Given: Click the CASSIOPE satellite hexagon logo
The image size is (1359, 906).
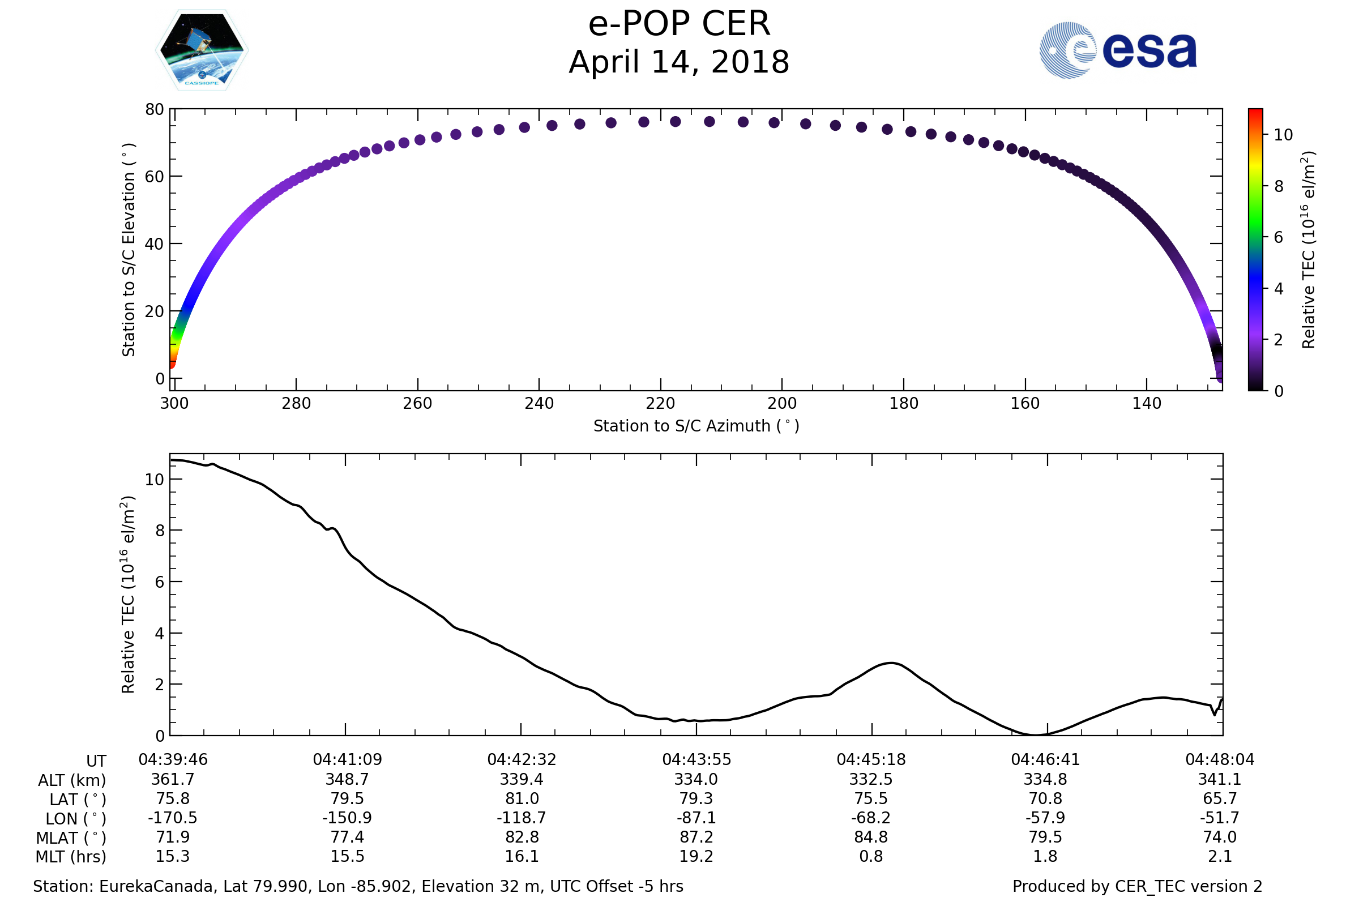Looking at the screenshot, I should pos(202,50).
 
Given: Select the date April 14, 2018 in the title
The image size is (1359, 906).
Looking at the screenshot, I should pos(679,62).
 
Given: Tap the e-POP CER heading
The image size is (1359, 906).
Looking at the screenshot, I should pos(679,24).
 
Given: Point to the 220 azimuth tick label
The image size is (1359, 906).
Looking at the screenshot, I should pos(660,403).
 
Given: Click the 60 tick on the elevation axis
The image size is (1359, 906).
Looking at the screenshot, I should pos(154,177).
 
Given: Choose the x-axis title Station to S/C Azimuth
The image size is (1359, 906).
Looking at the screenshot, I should pos(696,426).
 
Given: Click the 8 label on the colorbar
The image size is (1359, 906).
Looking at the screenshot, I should pos(1279,187).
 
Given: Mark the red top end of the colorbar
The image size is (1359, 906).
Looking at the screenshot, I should pos(1255,113).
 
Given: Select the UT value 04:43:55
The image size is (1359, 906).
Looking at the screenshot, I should pos(696,760).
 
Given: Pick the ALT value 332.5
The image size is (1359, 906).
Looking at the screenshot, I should pos(871,780).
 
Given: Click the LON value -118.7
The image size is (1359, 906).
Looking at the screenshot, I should pos(521,818).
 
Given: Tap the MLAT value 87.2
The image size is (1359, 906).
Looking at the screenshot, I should pos(696,837).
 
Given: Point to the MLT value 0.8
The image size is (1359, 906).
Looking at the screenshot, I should pos(871,856).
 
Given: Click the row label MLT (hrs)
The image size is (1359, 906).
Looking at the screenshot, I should pos(71,857).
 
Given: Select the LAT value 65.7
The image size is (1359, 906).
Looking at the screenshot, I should pos(1220,798).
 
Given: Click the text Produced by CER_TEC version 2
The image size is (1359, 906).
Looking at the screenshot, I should pos(1137,886).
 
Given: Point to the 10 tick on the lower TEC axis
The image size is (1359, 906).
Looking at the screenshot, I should pos(154,480).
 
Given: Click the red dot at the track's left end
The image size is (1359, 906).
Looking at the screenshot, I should pos(172,364).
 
